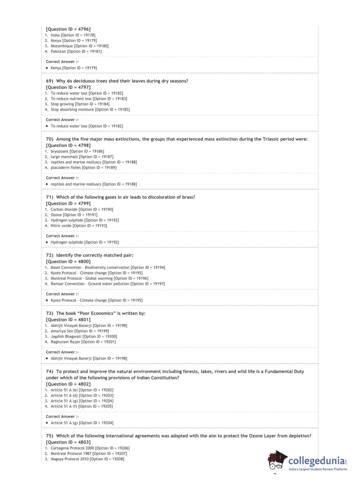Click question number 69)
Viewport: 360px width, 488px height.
point(50,81)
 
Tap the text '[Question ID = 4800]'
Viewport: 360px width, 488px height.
point(68,262)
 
